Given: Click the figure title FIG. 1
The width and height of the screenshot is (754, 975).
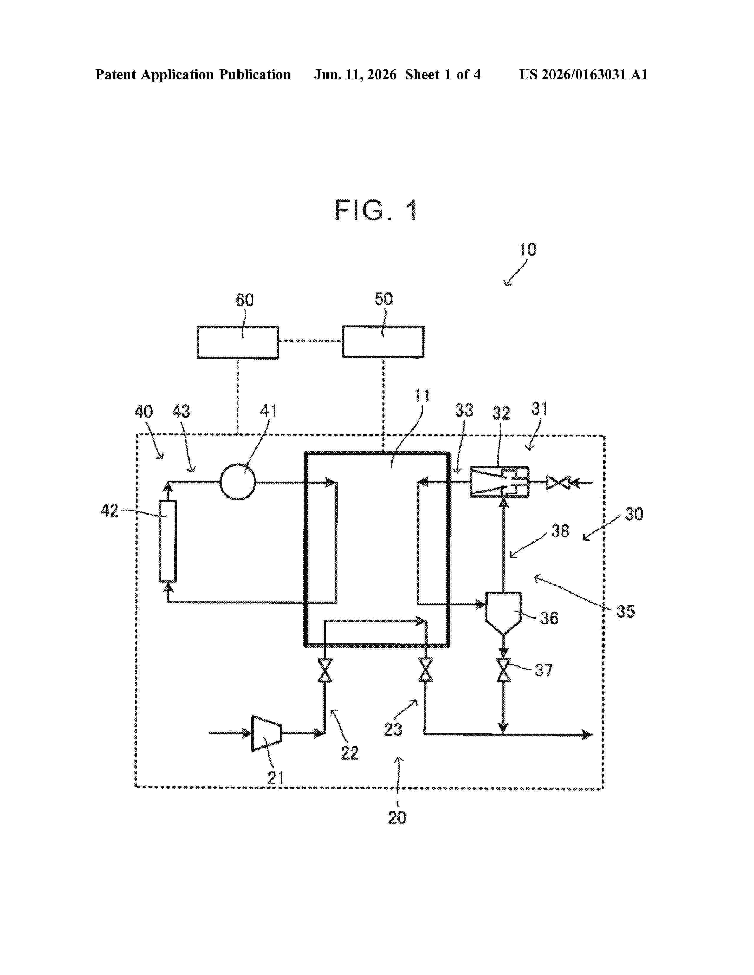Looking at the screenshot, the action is click(x=376, y=210).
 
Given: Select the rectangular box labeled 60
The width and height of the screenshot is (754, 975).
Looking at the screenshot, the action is click(x=238, y=342).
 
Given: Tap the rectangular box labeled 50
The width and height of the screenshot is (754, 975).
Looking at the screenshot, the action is click(x=383, y=342).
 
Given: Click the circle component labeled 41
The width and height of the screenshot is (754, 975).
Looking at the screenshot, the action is click(x=238, y=482).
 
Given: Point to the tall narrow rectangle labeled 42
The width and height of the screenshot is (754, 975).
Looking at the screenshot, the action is click(x=167, y=541).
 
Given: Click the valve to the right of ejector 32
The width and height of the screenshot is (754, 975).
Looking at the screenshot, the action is click(x=558, y=482).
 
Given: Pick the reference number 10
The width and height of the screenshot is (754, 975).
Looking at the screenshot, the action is click(x=528, y=250).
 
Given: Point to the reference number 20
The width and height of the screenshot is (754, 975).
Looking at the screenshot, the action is click(x=397, y=818).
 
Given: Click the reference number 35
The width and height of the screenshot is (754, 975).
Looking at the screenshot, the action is click(x=625, y=611).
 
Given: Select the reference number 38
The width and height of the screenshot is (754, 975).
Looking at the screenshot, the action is click(x=560, y=531).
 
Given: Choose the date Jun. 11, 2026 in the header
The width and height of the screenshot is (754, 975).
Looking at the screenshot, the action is click(x=355, y=74).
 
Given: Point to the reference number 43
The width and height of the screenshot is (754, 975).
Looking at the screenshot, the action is click(x=181, y=412).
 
